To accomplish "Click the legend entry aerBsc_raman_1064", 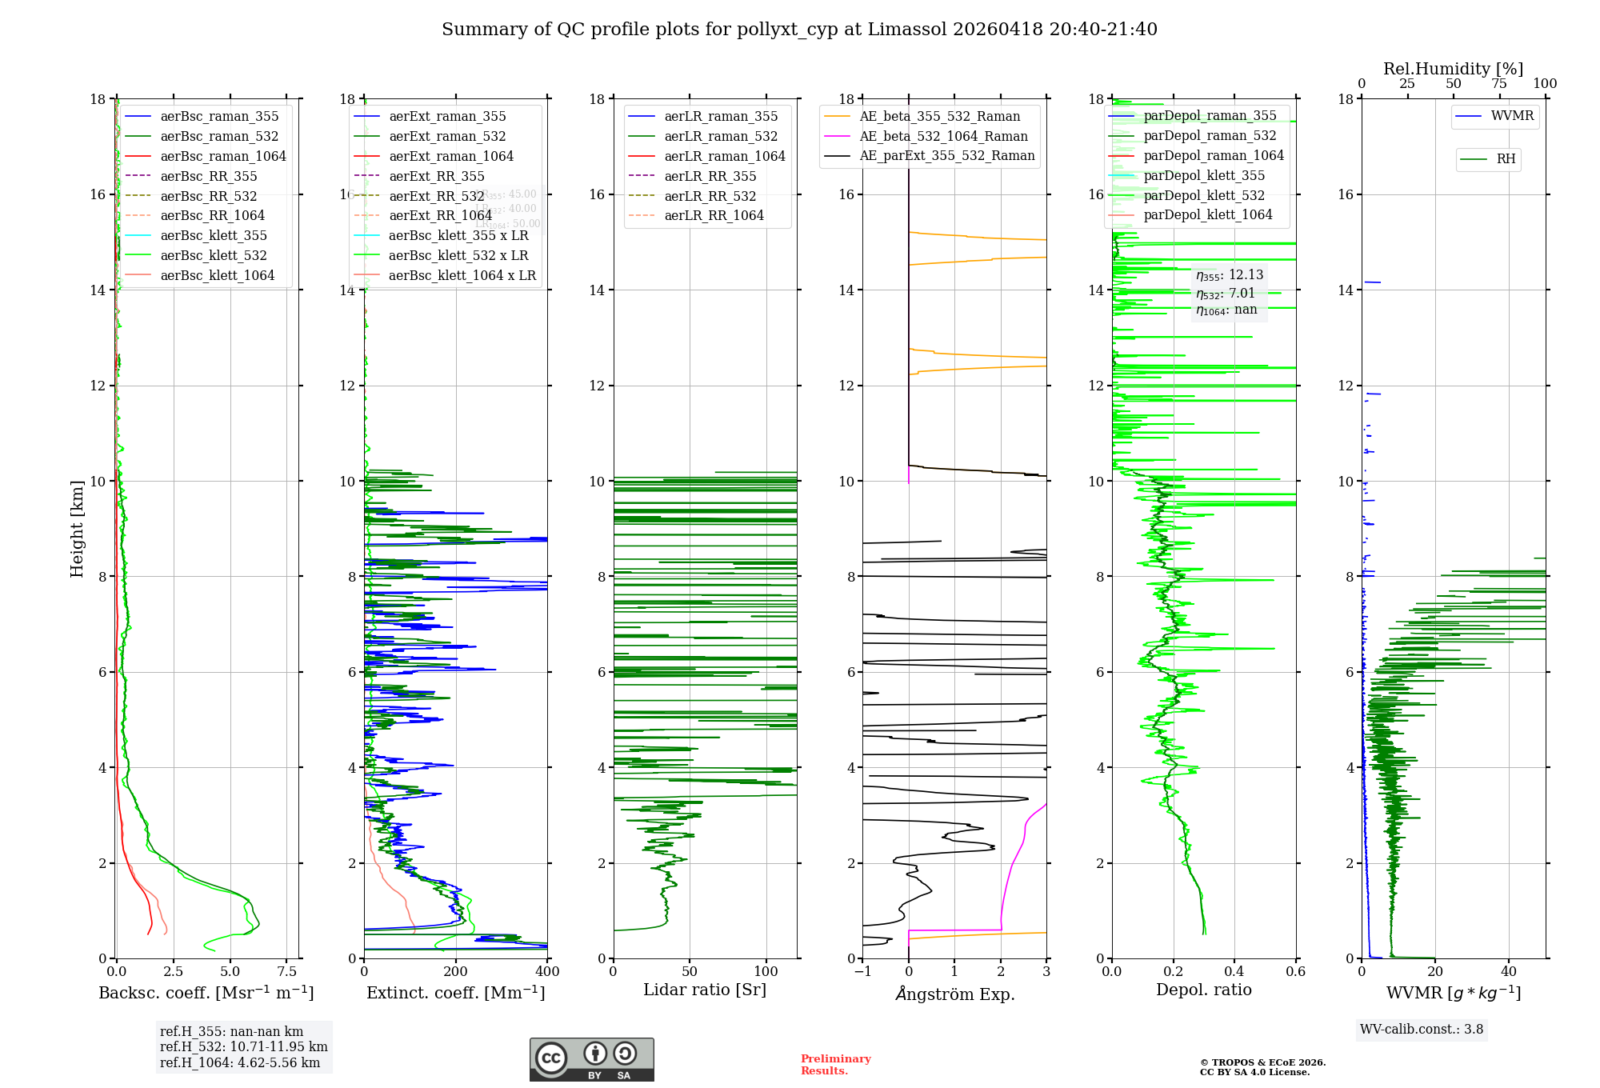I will (x=222, y=156).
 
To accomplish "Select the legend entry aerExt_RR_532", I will (x=436, y=196).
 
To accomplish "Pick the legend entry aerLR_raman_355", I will (x=720, y=116).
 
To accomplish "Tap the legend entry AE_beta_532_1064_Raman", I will (x=943, y=136).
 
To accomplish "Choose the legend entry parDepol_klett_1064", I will (x=1207, y=214).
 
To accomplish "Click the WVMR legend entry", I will (x=1511, y=116).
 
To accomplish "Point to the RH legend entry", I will (x=1505, y=159).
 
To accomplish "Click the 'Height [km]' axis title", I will (x=77, y=528).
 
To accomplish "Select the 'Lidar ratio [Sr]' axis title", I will (x=705, y=990).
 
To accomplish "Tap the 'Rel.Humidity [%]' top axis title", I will (x=1453, y=69).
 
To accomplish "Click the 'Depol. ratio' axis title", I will (x=1203, y=990).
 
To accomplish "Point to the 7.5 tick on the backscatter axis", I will (x=287, y=972).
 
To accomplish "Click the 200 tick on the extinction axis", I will (x=455, y=972).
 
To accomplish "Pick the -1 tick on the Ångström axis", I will (x=862, y=972).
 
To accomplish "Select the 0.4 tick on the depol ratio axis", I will (x=1234, y=972).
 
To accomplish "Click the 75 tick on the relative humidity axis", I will (x=1498, y=84).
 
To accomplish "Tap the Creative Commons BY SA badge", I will (x=591, y=1059).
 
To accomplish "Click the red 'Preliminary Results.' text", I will (x=835, y=1065).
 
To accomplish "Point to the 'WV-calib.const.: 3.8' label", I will (x=1421, y=1030).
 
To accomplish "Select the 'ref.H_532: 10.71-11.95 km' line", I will (x=243, y=1047).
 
